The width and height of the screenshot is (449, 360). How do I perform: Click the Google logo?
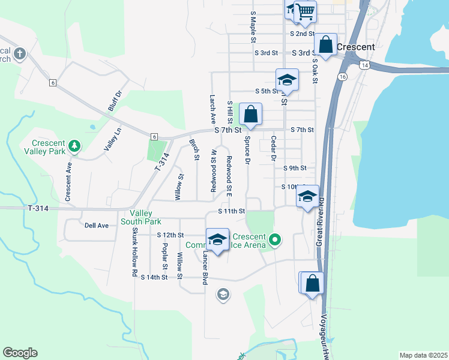20,353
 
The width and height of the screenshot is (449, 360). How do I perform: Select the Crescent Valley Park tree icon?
74,145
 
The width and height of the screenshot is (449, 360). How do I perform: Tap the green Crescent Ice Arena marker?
275,241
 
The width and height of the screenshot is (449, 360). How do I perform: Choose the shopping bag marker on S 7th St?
251,114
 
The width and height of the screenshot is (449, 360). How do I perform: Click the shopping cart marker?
306,11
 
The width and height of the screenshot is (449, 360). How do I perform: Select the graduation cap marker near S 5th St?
288,80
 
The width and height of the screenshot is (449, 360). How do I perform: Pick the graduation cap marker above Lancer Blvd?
217,240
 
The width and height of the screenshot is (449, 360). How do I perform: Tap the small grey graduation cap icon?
223,294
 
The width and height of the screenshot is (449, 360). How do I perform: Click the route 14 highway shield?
364,64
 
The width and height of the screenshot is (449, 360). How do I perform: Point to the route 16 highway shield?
342,77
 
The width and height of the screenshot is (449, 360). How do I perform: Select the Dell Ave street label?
96,226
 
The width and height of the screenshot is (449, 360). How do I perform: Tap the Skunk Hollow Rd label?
134,251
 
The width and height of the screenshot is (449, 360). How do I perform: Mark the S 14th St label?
154,277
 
